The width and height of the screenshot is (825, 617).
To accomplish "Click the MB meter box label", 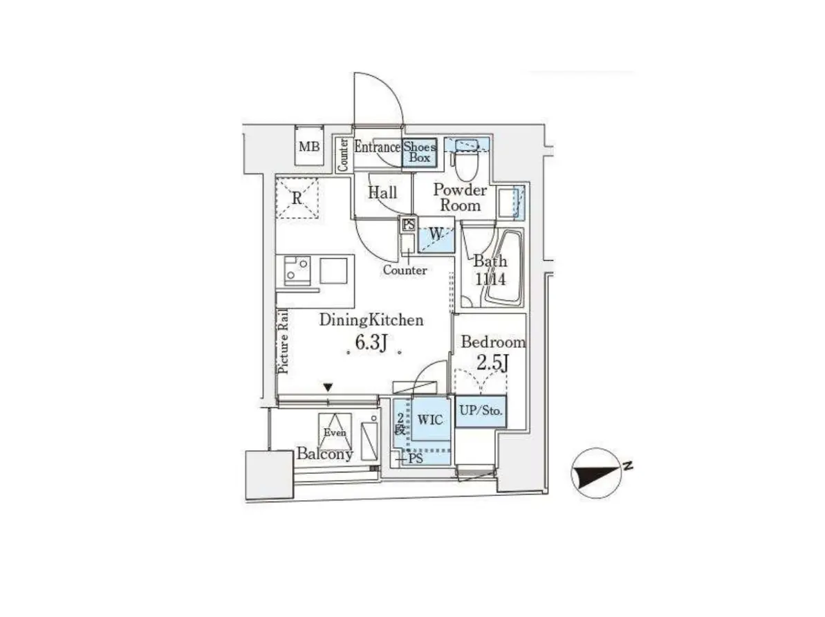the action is point(309,147).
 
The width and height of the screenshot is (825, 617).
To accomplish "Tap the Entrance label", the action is point(377,147).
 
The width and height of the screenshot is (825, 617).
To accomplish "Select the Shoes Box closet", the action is point(420,152).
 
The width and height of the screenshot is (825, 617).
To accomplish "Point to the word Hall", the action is point(382,193).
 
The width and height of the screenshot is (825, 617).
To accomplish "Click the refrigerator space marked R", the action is point(297,198).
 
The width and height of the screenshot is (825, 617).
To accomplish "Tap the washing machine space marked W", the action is point(436,234).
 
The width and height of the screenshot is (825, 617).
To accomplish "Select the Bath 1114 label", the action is point(490,270).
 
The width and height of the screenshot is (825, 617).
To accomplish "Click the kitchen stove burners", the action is point(296,270).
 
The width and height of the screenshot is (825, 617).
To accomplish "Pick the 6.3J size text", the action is point(371,342).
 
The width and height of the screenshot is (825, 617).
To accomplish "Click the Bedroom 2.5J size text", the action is point(492,362).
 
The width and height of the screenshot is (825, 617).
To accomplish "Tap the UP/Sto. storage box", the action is point(481,411).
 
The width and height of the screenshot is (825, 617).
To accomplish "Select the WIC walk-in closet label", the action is point(430,420).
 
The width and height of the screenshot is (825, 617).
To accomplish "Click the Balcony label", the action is point(324,454).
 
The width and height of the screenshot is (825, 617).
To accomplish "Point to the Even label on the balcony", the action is point(335,433).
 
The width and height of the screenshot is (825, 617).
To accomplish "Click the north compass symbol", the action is point(597,473).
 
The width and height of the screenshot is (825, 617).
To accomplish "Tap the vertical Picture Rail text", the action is point(283,342).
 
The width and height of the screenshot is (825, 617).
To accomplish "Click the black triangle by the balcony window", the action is point(328,387).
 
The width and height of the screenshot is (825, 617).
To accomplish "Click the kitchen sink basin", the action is point(333,270).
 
